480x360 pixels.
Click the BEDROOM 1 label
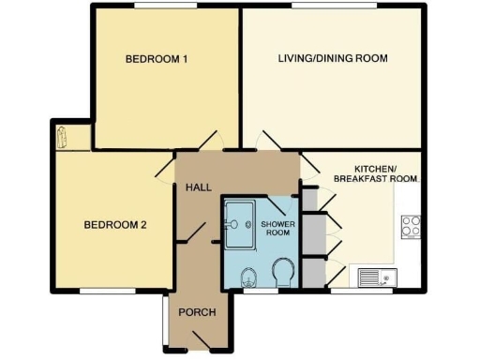coord(157,59)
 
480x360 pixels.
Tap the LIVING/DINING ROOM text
coord(332,58)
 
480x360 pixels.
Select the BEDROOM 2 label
coord(115,224)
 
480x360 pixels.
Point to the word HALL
coord(198,187)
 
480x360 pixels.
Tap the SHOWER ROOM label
coord(277,229)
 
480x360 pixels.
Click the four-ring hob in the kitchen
coord(411,226)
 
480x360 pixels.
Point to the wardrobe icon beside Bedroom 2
coord(63,138)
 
